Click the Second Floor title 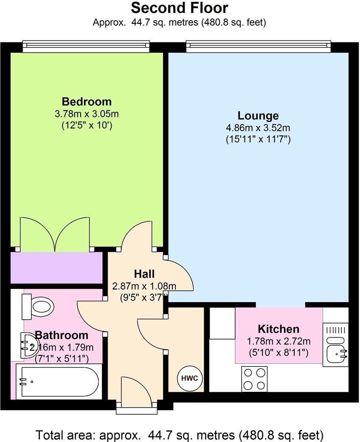[x=179, y=8]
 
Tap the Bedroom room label [x=87, y=102]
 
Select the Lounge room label [x=258, y=116]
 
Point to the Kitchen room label [x=278, y=329]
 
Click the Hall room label [x=144, y=274]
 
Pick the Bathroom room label [x=62, y=335]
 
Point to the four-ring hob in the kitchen [x=254, y=379]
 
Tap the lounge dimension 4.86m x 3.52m [x=258, y=127]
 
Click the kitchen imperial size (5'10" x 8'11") [x=278, y=352]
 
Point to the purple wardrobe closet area [x=56, y=268]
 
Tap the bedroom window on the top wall [x=86, y=45]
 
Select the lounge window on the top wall [x=258, y=45]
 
